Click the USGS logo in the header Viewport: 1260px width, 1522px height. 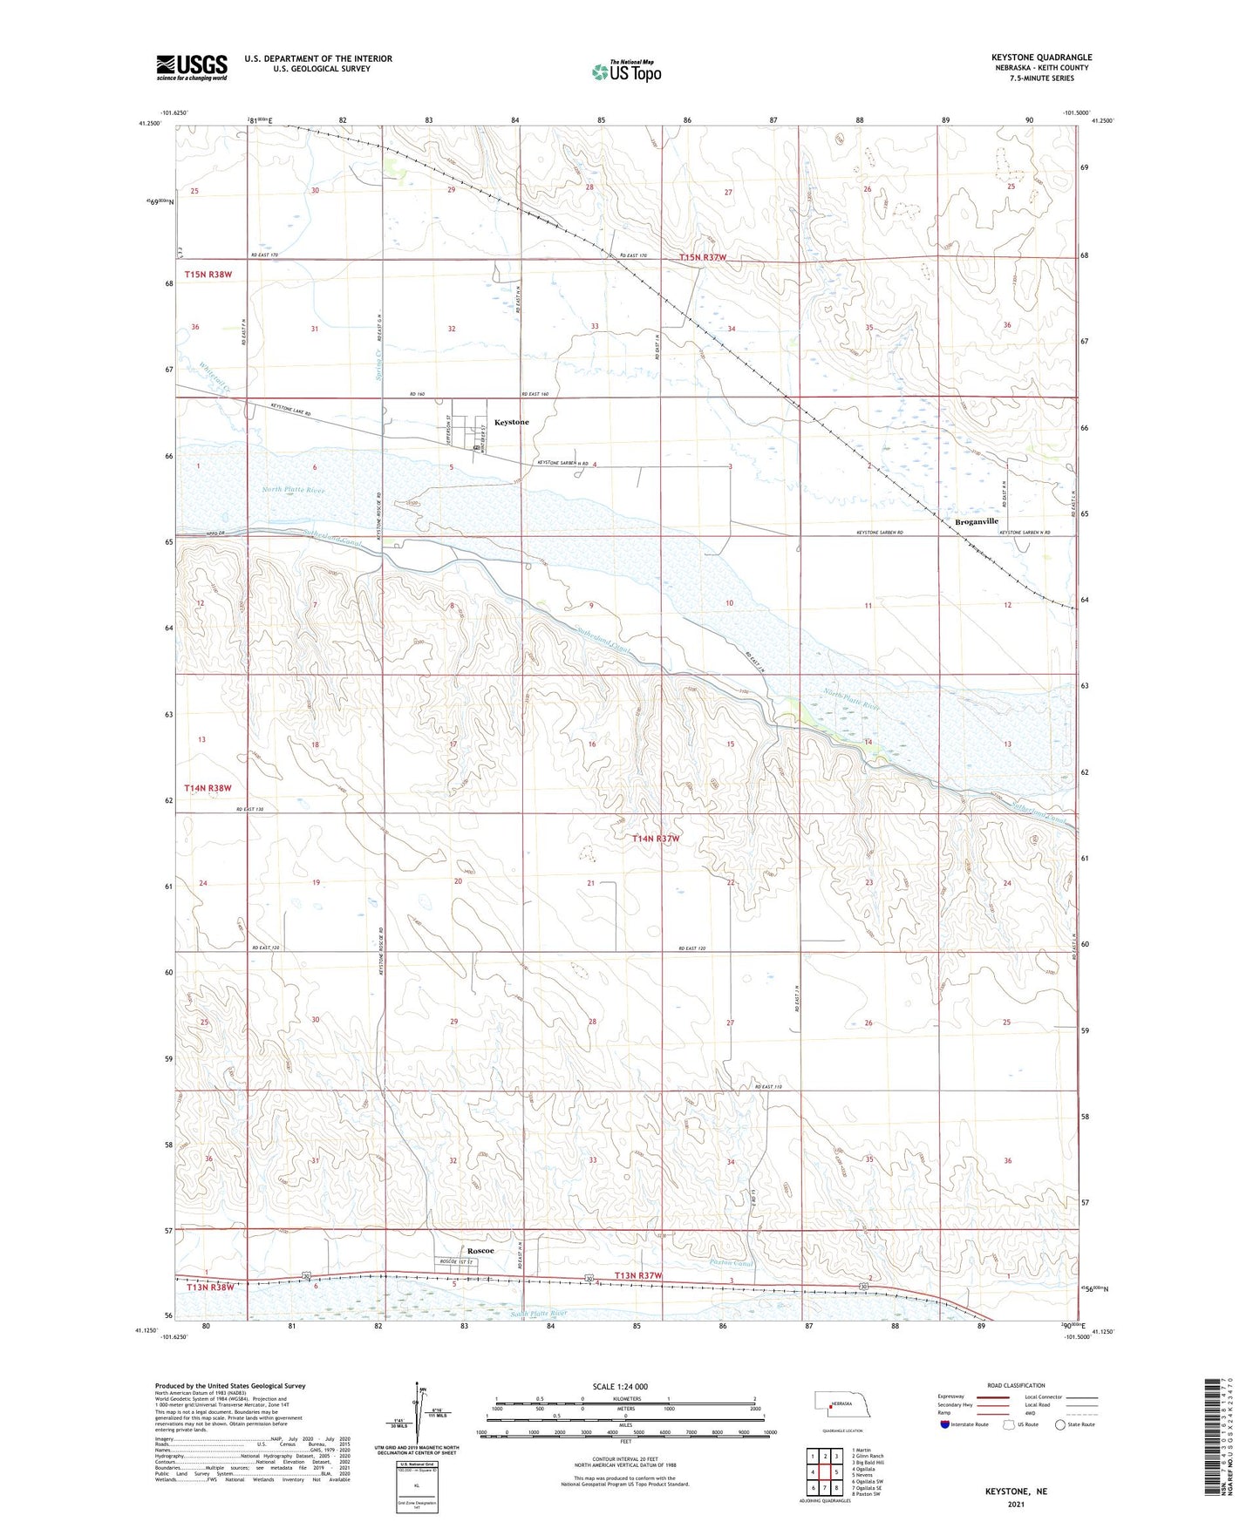click(192, 67)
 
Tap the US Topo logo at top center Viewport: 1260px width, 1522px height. click(626, 71)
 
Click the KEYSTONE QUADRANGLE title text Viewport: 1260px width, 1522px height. click(1041, 58)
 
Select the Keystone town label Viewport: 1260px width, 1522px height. click(512, 422)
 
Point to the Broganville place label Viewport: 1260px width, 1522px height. click(977, 521)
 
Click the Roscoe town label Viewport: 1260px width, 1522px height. click(478, 1251)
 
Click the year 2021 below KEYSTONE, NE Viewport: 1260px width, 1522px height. click(1015, 1505)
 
